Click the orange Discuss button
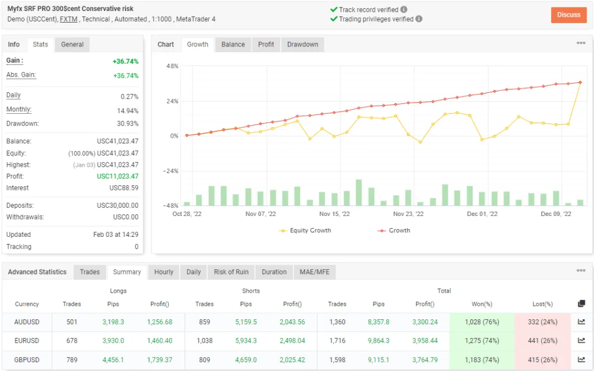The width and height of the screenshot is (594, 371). [568, 15]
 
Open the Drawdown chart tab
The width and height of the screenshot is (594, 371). [302, 45]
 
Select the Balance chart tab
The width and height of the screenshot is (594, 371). [233, 45]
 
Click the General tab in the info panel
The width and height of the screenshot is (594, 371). [73, 45]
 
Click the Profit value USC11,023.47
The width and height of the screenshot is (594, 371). [118, 177]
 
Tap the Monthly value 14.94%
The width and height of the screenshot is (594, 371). [128, 110]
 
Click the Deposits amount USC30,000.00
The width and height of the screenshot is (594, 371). [118, 206]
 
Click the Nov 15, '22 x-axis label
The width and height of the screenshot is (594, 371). [334, 214]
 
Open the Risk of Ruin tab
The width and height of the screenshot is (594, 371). [231, 272]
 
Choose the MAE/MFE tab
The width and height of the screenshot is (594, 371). [314, 272]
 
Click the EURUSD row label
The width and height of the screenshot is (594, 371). [27, 341]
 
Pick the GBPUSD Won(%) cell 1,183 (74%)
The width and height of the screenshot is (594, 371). [481, 360]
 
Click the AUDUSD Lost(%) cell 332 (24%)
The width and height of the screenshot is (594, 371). [542, 322]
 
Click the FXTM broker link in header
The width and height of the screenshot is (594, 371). [69, 19]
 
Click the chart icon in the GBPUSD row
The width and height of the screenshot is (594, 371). [582, 360]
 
